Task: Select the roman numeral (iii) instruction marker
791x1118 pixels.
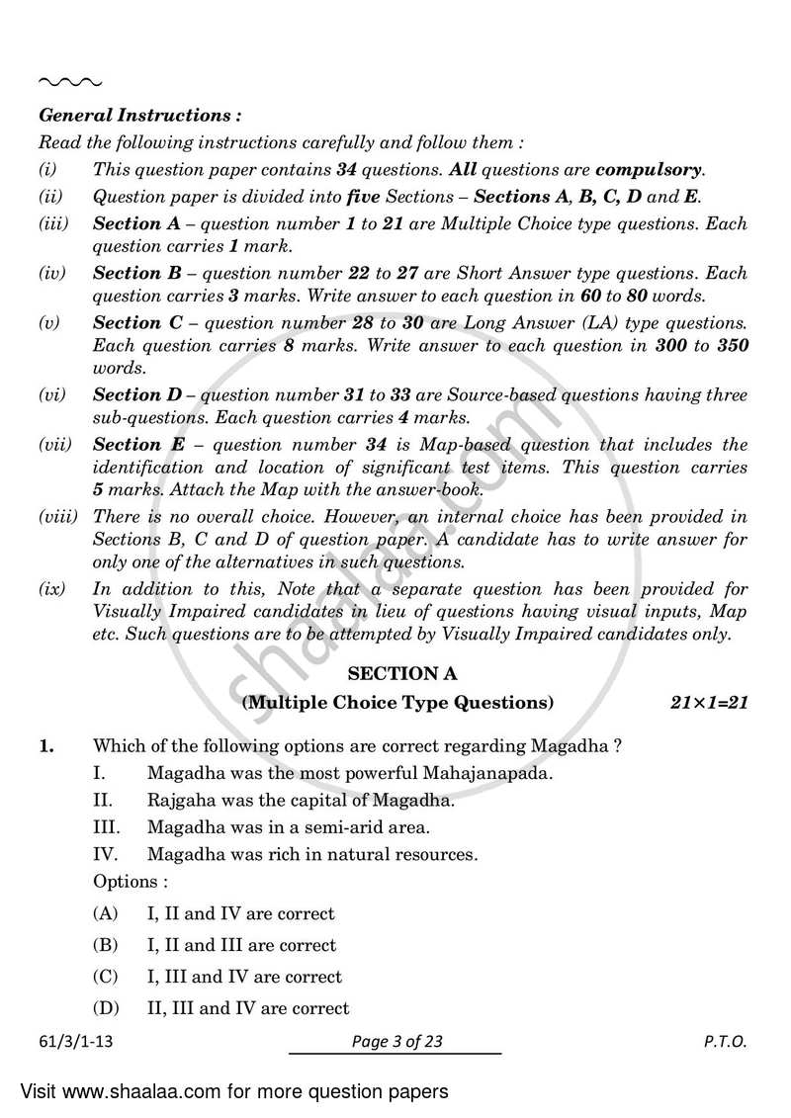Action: tap(53, 224)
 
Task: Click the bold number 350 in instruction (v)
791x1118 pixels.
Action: tap(730, 346)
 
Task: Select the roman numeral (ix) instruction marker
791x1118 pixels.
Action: tap(52, 589)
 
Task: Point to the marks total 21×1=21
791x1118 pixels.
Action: tap(703, 704)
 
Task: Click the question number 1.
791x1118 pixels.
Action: tap(46, 746)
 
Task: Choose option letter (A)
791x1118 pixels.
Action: tap(106, 913)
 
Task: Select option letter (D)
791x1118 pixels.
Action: tap(106, 1008)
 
